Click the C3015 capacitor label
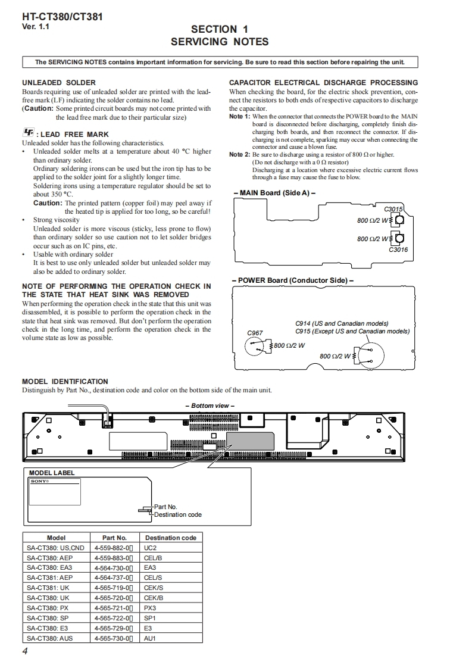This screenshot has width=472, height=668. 393,209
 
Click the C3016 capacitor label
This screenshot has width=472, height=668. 398,249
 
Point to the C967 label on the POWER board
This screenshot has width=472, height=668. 255,333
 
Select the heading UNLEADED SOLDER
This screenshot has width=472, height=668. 59,83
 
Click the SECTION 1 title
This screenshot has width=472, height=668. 220,29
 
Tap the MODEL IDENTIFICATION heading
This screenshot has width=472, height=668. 65,382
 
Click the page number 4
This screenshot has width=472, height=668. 25,651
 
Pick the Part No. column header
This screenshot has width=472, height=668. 114,538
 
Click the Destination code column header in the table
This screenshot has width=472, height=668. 170,538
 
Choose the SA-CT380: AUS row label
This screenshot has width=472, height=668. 50,638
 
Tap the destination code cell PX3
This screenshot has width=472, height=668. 150,608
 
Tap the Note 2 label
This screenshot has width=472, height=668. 240,155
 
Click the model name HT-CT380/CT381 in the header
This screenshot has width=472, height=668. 62,17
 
